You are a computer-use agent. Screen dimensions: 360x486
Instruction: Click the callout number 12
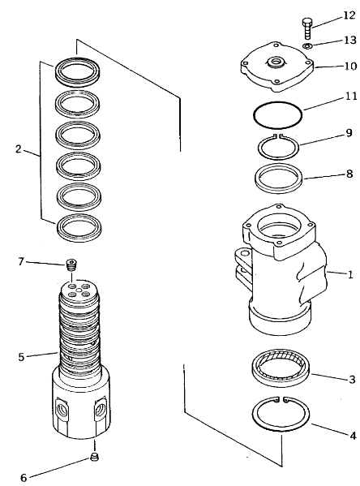349,15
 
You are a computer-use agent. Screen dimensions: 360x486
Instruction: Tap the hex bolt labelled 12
306,28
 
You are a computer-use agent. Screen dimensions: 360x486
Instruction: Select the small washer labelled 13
307,46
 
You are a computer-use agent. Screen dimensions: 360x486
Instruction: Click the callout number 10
350,66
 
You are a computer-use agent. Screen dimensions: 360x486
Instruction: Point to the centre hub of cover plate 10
275,62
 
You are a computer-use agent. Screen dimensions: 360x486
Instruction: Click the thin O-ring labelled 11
277,114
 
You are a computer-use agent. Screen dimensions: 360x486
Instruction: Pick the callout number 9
349,133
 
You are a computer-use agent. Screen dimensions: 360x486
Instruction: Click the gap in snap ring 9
278,135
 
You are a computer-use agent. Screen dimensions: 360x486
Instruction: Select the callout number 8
349,174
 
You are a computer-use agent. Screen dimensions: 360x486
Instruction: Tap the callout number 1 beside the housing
350,274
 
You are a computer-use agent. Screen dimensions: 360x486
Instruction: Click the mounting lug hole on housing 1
245,253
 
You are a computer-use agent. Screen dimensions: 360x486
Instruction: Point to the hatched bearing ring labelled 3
281,368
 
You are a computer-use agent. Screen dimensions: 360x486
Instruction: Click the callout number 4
353,436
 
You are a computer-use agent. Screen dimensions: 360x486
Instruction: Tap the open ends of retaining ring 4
281,401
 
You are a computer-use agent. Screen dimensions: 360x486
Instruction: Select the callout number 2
19,149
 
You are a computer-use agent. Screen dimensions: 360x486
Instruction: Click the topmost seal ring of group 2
78,71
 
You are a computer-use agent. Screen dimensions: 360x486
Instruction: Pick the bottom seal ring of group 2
79,226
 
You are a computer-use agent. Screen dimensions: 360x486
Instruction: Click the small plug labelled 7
71,265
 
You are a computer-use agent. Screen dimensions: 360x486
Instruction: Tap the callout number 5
21,357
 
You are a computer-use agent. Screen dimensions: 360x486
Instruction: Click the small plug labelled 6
95,457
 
